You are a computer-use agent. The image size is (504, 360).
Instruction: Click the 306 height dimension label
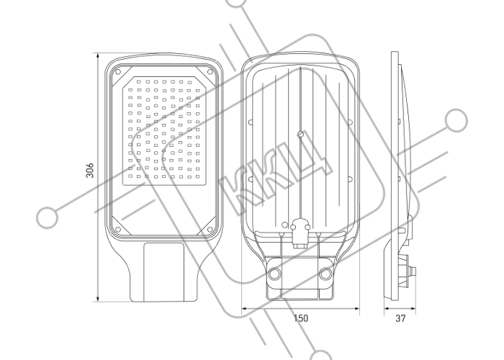pyautogui.click(x=90, y=170)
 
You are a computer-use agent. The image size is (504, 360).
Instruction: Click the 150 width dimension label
pyautogui.click(x=300, y=318)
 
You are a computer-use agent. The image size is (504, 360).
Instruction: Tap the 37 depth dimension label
pyautogui.click(x=400, y=318)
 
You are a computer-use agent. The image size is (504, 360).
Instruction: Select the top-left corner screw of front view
pyautogui.click(x=118, y=72)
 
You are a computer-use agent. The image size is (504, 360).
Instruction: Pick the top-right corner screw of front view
pyautogui.click(x=210, y=72)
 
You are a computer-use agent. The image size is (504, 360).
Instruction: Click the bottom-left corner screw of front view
pyautogui.click(x=118, y=230)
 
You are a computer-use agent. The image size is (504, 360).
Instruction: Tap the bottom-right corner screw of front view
pyautogui.click(x=210, y=230)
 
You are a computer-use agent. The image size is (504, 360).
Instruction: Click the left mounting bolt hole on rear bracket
pyautogui.click(x=275, y=274)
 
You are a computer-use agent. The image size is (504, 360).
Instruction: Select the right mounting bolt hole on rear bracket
pyautogui.click(x=325, y=274)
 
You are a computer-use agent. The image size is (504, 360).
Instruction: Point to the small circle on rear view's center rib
pyautogui.click(x=300, y=134)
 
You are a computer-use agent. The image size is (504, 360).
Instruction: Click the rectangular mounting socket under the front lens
pyautogui.click(x=163, y=272)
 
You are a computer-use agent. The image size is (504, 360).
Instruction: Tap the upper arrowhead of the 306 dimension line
pyautogui.click(x=98, y=56)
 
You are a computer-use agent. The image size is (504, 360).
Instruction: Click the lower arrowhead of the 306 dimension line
pyautogui.click(x=98, y=299)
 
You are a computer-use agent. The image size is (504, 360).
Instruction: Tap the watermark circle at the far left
pyautogui.click(x=48, y=217)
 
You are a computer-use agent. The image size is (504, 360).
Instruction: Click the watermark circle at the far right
pyautogui.click(x=456, y=120)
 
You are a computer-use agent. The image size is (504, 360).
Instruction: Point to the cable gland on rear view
pyautogui.click(x=300, y=234)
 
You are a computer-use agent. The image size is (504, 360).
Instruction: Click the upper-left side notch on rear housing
pyautogui.click(x=251, y=122)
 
